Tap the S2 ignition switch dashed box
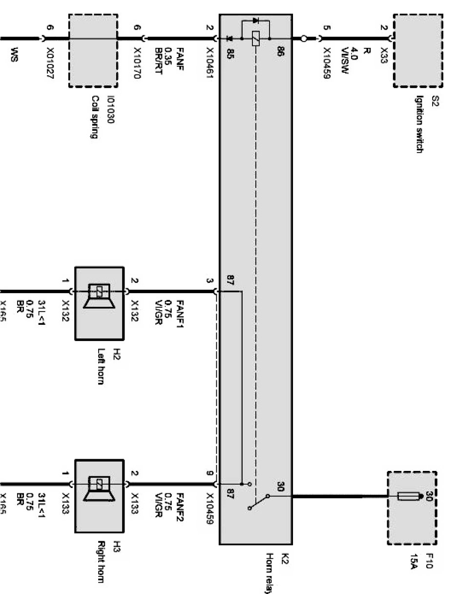[x=414, y=50]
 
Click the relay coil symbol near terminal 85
[x=255, y=38]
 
